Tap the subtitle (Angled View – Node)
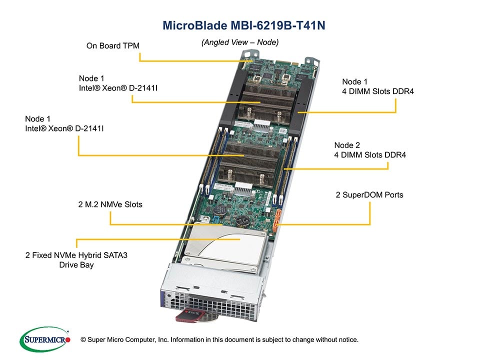[239, 42]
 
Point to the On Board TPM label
[112, 45]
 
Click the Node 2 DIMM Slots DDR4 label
[370, 150]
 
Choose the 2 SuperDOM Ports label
[369, 194]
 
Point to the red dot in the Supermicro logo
[68, 339]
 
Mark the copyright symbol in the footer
[83, 340]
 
